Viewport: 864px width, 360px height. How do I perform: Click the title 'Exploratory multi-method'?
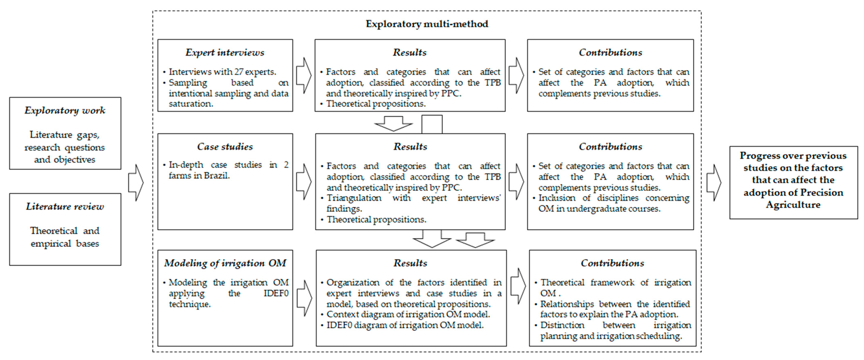[x=427, y=24]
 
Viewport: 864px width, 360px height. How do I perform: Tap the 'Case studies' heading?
[x=225, y=147]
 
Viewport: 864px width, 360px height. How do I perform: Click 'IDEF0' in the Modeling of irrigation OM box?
[x=276, y=293]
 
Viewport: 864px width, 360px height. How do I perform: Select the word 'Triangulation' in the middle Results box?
[x=354, y=198]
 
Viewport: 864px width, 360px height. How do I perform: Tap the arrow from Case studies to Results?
[x=304, y=182]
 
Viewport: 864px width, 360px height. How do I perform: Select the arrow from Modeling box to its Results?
[x=304, y=298]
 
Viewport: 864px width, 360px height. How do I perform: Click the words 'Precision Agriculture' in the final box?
[x=793, y=199]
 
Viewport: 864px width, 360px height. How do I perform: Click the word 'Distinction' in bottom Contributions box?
[x=562, y=325]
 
